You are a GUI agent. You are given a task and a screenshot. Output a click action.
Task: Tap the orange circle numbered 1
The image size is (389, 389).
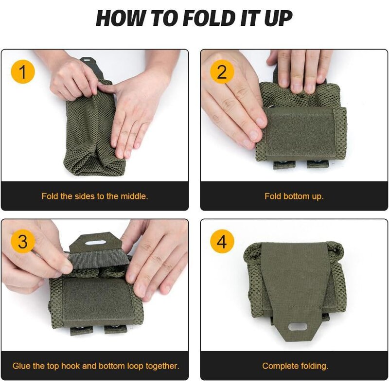pyautogui.click(x=23, y=72)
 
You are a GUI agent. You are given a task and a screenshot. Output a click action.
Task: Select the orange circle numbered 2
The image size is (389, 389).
pyautogui.click(x=222, y=72)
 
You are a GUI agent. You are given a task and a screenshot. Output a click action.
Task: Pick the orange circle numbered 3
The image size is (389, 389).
pyautogui.click(x=23, y=242)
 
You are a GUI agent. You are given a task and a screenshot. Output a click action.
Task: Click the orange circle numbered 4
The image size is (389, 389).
pyautogui.click(x=222, y=242)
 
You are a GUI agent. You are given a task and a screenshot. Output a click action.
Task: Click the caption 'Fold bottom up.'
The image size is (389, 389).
pyautogui.click(x=294, y=196)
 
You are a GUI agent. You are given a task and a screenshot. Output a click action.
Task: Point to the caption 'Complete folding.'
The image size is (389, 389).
pyautogui.click(x=295, y=366)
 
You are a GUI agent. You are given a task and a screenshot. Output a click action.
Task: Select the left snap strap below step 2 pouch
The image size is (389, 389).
pyautogui.click(x=283, y=164)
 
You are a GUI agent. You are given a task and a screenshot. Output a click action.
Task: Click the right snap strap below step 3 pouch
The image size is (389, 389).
pyautogui.click(x=112, y=331)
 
